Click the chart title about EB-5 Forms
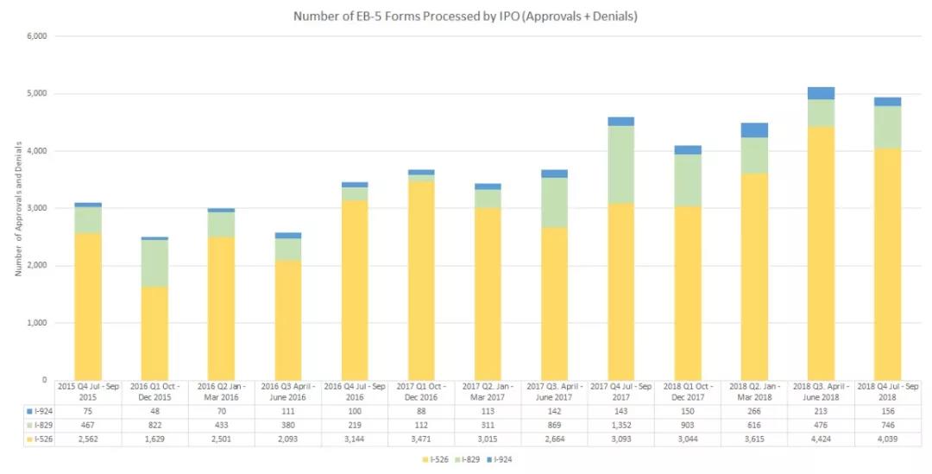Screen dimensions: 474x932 465,16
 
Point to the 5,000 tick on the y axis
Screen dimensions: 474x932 35,93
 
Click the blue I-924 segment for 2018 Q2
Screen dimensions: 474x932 753,130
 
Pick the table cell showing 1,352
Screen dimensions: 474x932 620,426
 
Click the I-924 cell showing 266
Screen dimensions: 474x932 753,412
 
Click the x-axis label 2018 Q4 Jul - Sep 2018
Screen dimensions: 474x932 887,390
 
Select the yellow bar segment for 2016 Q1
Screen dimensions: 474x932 154,332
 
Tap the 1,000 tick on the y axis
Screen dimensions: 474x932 35,323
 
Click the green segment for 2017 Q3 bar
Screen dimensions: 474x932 554,202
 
